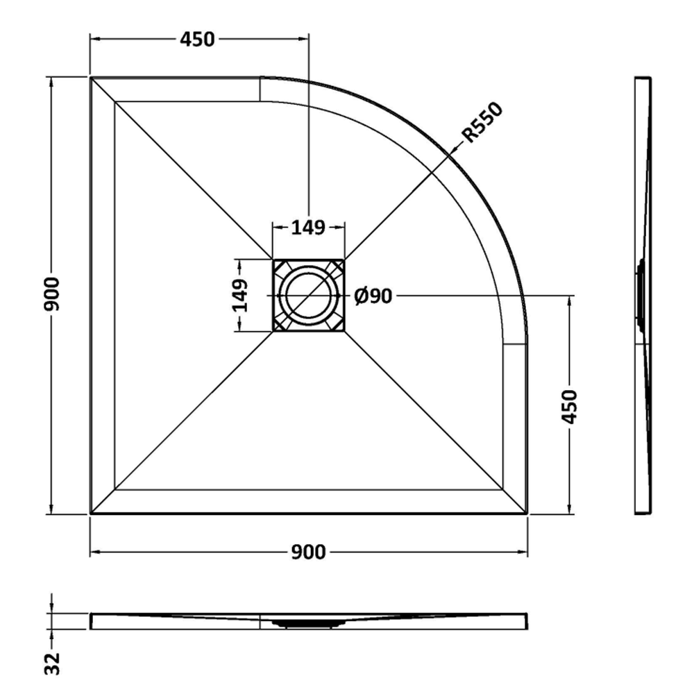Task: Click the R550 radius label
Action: click(x=482, y=122)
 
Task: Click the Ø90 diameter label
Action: click(x=373, y=296)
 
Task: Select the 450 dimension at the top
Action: click(x=197, y=40)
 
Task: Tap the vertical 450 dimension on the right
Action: click(x=570, y=407)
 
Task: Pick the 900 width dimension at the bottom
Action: click(x=309, y=552)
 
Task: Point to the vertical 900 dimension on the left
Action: click(x=52, y=294)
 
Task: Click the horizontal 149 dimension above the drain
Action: click(x=309, y=228)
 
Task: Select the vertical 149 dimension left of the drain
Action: click(x=240, y=296)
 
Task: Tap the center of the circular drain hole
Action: click(x=309, y=295)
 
